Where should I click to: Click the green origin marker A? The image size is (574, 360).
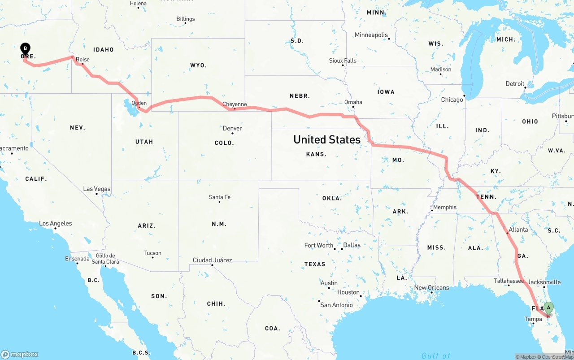(548, 308)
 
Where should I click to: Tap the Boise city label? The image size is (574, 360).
(83, 59)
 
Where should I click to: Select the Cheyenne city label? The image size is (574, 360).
(235, 104)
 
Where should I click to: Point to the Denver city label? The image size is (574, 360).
(232, 128)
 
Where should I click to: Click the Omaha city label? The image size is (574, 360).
(353, 102)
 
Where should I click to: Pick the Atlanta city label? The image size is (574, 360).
(518, 230)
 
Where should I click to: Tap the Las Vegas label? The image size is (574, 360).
(96, 189)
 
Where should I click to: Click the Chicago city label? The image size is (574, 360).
(452, 100)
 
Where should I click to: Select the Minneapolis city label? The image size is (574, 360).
(371, 35)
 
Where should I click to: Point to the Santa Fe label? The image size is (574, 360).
(219, 197)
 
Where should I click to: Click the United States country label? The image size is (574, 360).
(326, 139)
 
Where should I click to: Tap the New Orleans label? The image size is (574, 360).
(431, 287)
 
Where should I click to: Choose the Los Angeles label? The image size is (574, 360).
(55, 223)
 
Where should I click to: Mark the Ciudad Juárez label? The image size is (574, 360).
(212, 260)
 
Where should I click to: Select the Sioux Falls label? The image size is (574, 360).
(343, 61)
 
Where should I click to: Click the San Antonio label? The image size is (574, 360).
(336, 305)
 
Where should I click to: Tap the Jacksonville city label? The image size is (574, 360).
(544, 282)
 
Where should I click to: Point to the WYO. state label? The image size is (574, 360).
(198, 65)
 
